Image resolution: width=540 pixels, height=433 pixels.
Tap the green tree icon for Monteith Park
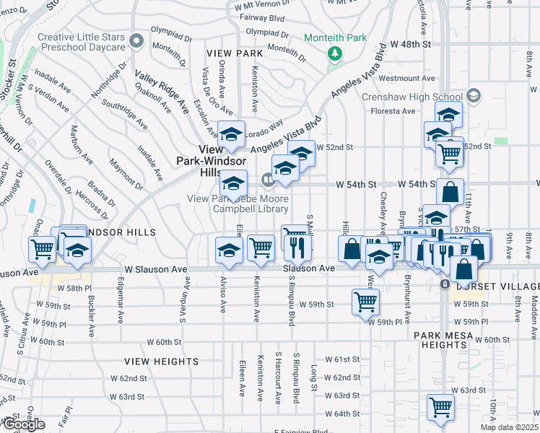[334, 53]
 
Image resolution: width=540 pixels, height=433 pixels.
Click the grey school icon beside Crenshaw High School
[474, 95]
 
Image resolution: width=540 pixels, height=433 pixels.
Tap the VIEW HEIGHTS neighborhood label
[152, 361]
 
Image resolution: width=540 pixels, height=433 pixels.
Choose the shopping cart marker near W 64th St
[440, 406]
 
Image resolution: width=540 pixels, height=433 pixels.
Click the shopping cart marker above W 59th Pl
[366, 302]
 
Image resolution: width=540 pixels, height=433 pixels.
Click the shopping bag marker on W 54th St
[450, 192]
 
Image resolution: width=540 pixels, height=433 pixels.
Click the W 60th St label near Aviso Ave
[163, 341]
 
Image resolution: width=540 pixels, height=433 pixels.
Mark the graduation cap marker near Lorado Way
[232, 134]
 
